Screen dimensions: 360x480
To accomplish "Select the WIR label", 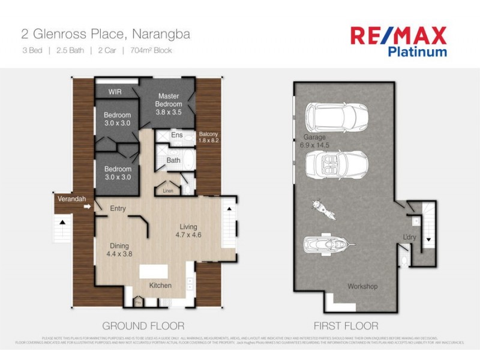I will point(115,92).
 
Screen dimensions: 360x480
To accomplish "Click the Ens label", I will point(176,136).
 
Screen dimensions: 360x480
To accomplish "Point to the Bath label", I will point(173,160).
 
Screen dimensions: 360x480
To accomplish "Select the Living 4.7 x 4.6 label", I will point(188,230).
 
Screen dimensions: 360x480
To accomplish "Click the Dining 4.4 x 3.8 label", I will point(121,250).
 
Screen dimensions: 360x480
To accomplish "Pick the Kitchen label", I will point(160,285).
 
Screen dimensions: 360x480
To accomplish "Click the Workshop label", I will point(362,286).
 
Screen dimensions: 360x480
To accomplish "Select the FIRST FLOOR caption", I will point(346,326).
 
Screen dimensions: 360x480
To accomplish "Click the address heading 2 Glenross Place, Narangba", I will point(106,34).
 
